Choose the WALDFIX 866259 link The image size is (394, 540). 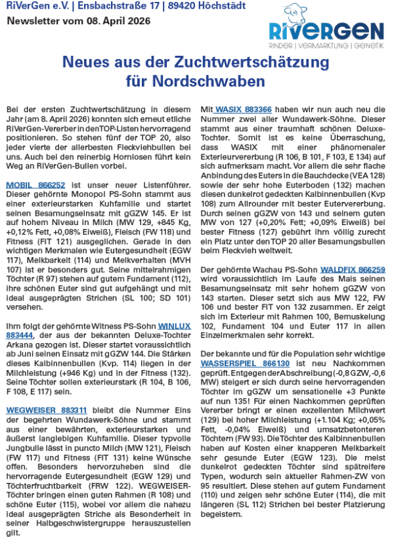coord(353,270)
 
